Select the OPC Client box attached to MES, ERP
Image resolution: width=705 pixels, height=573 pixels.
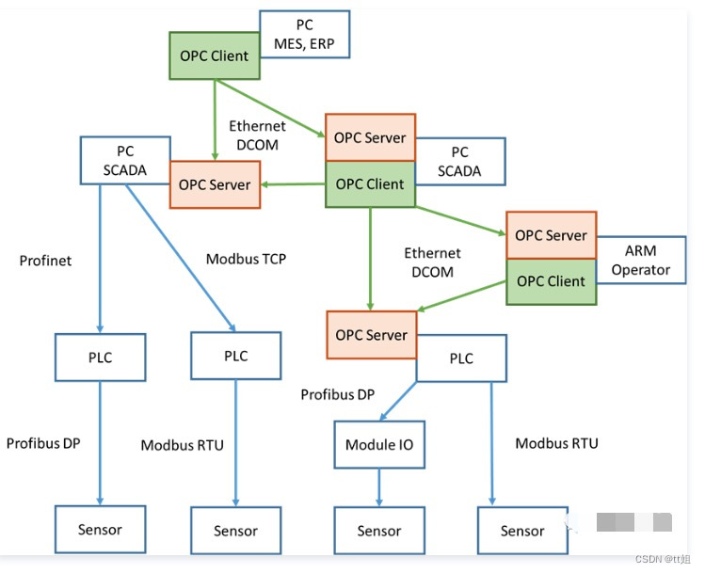215,56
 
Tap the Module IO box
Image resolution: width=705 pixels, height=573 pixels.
379,444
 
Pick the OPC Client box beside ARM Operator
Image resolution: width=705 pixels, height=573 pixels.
551,281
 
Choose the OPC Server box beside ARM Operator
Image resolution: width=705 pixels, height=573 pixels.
551,235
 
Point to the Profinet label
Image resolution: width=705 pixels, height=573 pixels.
45,260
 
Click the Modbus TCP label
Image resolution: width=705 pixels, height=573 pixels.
247,259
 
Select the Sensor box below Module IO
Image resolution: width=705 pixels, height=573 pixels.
379,531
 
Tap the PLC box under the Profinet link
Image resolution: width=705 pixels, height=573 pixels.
100,358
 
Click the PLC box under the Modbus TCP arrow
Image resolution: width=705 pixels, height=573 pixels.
235,356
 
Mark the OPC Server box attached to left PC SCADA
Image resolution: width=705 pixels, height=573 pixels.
215,184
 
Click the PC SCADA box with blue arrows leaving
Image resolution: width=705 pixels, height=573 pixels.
124,159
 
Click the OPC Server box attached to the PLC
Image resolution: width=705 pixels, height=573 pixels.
372,335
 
